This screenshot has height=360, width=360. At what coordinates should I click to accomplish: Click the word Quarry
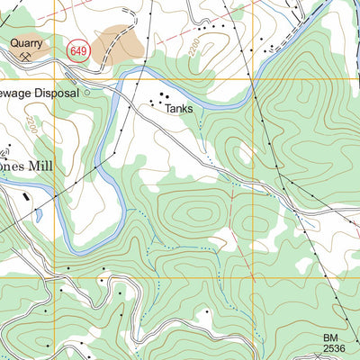point(25,41)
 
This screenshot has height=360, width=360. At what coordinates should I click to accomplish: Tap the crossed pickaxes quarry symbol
point(25,56)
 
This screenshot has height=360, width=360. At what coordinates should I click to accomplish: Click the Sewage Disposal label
point(40,92)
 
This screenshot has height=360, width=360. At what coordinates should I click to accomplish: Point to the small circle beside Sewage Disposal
point(88,92)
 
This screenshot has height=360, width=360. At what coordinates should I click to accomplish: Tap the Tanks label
point(178,108)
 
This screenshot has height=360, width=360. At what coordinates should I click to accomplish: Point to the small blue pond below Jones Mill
point(38,216)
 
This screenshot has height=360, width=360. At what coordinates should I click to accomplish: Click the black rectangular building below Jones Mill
point(26,193)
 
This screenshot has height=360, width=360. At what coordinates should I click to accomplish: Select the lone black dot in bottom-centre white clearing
point(205,311)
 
